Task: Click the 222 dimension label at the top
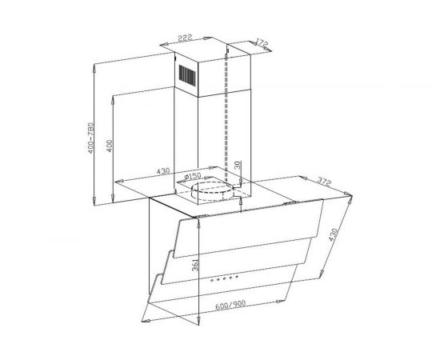(x=186, y=38)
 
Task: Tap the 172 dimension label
(x=262, y=44)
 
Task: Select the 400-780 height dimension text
(x=90, y=138)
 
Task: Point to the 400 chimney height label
(x=110, y=146)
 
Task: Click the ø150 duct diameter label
(x=193, y=176)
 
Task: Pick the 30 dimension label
(x=238, y=165)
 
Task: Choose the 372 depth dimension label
(x=324, y=181)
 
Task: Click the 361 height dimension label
(x=195, y=265)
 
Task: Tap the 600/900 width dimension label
(x=230, y=305)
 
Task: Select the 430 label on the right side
(x=333, y=235)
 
